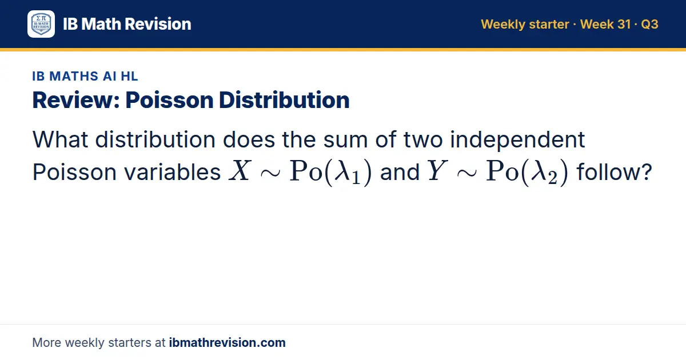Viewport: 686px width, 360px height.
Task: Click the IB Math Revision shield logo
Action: (41, 24)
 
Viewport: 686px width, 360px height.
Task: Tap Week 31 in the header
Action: (605, 24)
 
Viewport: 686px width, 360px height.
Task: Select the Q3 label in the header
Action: (649, 24)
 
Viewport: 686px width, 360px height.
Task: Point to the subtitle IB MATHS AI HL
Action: (85, 76)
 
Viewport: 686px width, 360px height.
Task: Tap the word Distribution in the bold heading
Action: (284, 100)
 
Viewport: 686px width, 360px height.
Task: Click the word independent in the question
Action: (517, 140)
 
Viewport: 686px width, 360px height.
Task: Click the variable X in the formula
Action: (241, 171)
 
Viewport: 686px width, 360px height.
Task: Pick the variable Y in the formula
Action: (437, 171)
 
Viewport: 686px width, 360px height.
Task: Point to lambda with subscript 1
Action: (346, 172)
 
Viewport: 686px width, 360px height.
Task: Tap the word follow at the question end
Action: (608, 172)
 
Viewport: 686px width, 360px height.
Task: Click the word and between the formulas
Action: (400, 172)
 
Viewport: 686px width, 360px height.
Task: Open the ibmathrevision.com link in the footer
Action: (228, 342)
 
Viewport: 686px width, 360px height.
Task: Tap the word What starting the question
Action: (61, 140)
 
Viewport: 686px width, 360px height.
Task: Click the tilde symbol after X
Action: (270, 173)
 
